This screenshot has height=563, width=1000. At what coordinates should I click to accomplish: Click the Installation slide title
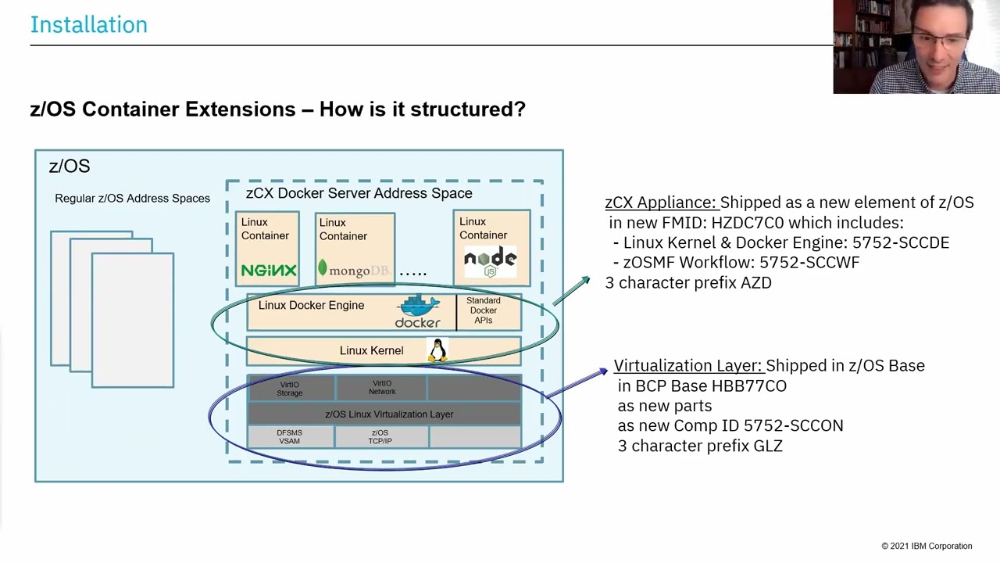[x=88, y=24]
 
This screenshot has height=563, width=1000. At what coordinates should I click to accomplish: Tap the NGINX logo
[x=268, y=271]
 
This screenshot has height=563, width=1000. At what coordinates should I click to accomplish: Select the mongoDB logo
[x=353, y=271]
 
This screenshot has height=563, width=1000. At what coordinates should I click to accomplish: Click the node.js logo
[x=490, y=261]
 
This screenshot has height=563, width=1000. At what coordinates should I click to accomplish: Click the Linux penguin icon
[x=437, y=350]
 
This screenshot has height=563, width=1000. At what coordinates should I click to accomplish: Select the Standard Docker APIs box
[x=484, y=310]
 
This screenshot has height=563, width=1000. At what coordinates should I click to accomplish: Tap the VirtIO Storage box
[x=290, y=389]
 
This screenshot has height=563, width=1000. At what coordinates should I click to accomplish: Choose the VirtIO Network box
[x=382, y=388]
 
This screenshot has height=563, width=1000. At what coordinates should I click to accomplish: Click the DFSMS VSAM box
[x=290, y=437]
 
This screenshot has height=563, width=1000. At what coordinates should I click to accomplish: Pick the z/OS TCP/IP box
[x=380, y=437]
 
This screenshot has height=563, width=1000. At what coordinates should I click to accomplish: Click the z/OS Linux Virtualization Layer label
[x=388, y=414]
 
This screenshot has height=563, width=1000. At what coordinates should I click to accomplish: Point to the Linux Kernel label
[x=371, y=350]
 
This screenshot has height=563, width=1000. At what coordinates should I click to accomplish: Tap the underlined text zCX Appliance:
[x=660, y=203]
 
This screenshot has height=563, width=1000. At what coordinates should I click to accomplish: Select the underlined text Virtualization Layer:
[x=687, y=365]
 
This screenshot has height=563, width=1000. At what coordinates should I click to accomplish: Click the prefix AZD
[x=755, y=283]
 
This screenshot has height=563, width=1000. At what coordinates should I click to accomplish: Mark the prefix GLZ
[x=766, y=446]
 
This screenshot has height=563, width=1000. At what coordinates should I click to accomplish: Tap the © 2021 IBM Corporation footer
[x=927, y=546]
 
